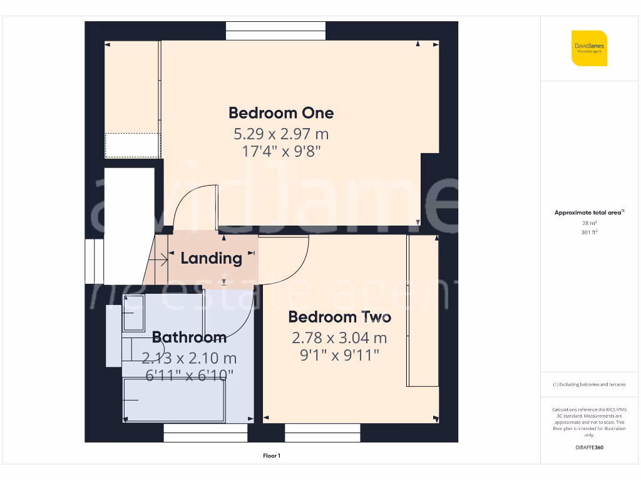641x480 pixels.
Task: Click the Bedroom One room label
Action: coord(281,113)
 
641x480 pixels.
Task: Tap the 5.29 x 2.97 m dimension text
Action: coord(281,134)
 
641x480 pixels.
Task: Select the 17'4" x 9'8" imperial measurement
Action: coord(281,151)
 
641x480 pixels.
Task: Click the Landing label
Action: coord(211,258)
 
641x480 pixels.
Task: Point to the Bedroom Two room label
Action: coord(339,317)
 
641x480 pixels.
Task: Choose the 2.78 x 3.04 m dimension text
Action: coord(339,338)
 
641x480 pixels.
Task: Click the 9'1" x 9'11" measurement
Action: coord(339,356)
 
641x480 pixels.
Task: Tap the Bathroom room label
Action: coord(189,337)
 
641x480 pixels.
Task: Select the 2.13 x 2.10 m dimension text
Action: coord(189,358)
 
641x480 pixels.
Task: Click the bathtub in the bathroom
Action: coord(173,400)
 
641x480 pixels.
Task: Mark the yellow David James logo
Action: coord(589,48)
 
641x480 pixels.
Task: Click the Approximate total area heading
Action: coord(589,212)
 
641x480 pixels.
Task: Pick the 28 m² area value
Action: coord(589,222)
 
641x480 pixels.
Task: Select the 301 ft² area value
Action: coord(589,232)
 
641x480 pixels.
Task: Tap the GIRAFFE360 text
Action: coord(589,447)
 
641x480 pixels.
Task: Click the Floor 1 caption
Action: coord(271,456)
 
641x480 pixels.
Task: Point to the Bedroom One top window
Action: coord(275,31)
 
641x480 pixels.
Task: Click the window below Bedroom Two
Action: coord(322,432)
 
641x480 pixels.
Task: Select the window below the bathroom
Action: coord(206,432)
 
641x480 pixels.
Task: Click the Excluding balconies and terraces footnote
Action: coord(589,384)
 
